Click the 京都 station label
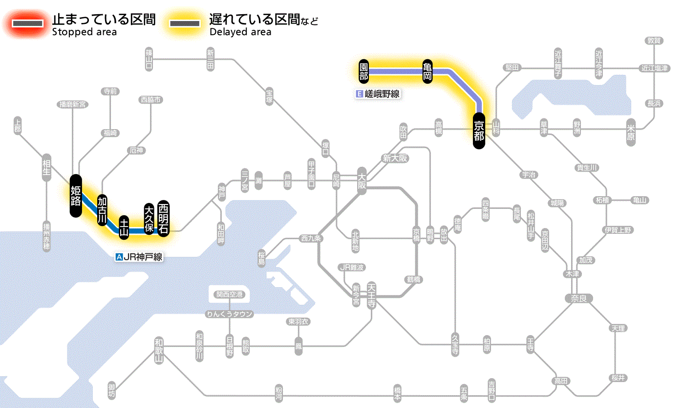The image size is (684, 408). click(479, 130)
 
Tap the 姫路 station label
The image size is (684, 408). click(76, 195)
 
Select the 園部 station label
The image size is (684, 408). click(363, 71)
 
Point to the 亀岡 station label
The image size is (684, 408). click(427, 71)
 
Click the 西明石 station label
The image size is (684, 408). click(163, 218)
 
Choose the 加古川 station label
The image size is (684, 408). click(102, 210)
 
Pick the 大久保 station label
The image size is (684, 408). click(149, 219)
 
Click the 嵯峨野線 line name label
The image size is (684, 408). click(379, 94)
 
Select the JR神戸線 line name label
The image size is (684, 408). click(139, 257)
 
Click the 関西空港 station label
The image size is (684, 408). click(229, 295)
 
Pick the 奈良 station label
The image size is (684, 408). click(578, 298)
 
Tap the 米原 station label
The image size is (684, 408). click(631, 132)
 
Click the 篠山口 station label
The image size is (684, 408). click(149, 58)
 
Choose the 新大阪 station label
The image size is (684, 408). click(395, 159)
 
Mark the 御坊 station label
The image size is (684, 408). click(112, 391)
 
